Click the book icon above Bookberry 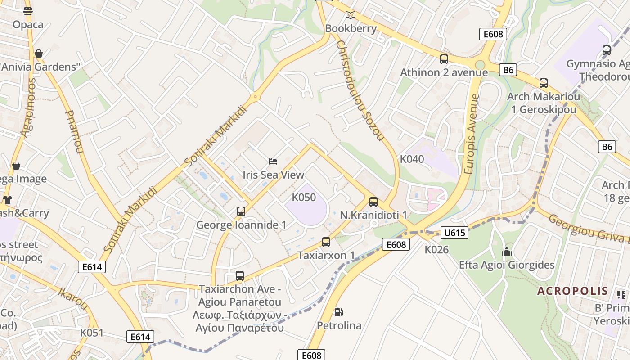(x=350, y=15)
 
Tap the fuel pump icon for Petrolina (x=338, y=312)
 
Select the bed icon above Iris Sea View (x=273, y=161)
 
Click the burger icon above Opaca (x=28, y=11)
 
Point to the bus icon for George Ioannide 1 (x=241, y=211)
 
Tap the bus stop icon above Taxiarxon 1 (x=326, y=242)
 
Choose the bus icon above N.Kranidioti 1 (x=373, y=202)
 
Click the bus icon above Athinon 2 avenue (x=444, y=59)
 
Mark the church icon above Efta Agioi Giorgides (x=507, y=252)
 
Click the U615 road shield (x=454, y=233)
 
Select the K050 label (x=304, y=198)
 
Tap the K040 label (x=412, y=159)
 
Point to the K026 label (x=436, y=249)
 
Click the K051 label (x=92, y=333)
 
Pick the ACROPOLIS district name (x=572, y=291)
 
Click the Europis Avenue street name (x=471, y=134)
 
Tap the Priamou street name (x=74, y=131)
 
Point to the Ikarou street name (x=73, y=298)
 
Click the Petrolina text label (x=339, y=325)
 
